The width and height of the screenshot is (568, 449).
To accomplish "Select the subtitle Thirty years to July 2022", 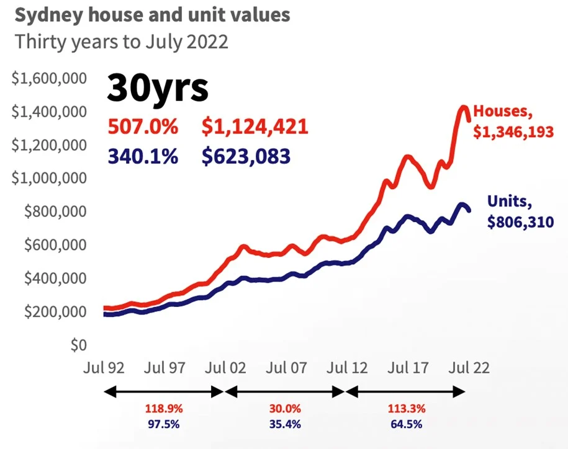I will pos(122,42).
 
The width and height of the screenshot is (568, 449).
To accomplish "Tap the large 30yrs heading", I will pos(157,87).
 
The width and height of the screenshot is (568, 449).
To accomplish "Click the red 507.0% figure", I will pos(143,127).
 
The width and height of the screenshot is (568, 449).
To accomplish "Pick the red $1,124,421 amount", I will pos(255,127).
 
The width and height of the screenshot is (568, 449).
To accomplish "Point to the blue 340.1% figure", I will pos(143,156).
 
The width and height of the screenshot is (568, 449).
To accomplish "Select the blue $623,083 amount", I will pos(246,156).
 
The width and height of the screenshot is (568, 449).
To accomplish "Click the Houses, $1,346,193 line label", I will pos(513,122).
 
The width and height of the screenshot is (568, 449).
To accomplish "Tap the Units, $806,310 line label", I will pos(519,211).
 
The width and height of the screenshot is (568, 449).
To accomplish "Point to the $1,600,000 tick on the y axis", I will pos(49,79).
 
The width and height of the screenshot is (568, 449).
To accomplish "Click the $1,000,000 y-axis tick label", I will pos(49,179).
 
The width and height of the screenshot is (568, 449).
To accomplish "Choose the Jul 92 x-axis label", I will pos(104,368).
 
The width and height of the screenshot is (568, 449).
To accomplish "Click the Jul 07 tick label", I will pos(286,368).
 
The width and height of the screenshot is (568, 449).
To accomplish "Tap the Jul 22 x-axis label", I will pos(469,368).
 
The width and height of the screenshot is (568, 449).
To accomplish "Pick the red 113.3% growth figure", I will pos(407,409).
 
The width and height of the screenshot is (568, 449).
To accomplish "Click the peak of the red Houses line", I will pos(463,107).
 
